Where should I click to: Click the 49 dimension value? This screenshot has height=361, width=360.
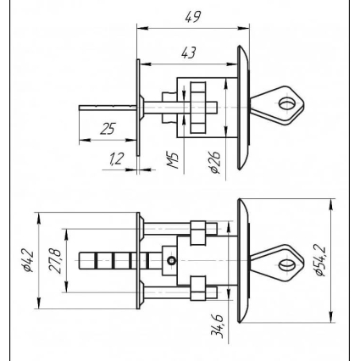(x=193, y=17)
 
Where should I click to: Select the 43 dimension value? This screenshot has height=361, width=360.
(x=188, y=53)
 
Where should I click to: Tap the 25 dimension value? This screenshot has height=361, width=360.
(x=108, y=129)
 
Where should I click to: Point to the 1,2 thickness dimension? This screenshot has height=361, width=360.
(x=116, y=159)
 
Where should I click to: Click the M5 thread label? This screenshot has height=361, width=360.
(x=173, y=160)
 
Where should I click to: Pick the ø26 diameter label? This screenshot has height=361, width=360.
(x=214, y=162)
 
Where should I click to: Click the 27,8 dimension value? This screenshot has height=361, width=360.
(x=55, y=261)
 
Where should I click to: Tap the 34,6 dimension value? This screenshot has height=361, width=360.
(x=217, y=325)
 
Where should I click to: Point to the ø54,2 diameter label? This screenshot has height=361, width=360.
(x=320, y=261)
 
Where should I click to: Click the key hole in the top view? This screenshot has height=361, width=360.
(x=286, y=103)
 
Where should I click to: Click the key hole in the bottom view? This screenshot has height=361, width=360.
(x=286, y=265)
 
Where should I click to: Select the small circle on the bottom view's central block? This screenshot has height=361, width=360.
(x=172, y=260)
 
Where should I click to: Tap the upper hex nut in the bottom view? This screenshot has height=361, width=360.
(x=198, y=233)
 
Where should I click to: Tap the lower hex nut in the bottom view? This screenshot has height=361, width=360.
(x=198, y=288)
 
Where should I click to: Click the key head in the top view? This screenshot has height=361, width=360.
(x=277, y=105)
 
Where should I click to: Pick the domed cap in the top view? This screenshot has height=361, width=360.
(x=243, y=108)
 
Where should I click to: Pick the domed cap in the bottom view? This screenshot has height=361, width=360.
(x=243, y=261)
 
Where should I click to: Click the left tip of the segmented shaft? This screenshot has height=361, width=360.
(x=80, y=261)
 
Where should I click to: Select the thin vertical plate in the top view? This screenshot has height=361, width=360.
(x=138, y=108)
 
